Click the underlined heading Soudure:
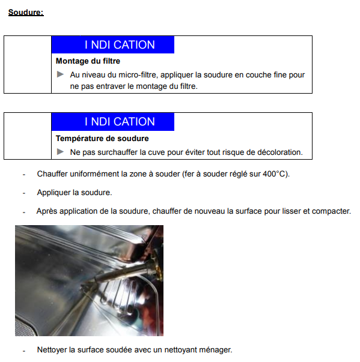pyautogui.click(x=26, y=12)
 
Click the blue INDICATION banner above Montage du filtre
pyautogui.click(x=113, y=44)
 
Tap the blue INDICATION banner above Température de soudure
pyautogui.click(x=113, y=122)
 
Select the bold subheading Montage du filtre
pyautogui.click(x=88, y=61)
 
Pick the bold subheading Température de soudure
pyautogui.click(x=102, y=138)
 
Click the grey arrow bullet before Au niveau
pyautogui.click(x=60, y=74)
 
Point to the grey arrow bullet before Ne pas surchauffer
pyautogui.click(x=60, y=152)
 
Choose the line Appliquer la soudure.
pyautogui.click(x=75, y=192)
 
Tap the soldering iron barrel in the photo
pyautogui.click(x=120, y=273)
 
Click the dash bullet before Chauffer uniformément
pyautogui.click(x=24, y=175)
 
